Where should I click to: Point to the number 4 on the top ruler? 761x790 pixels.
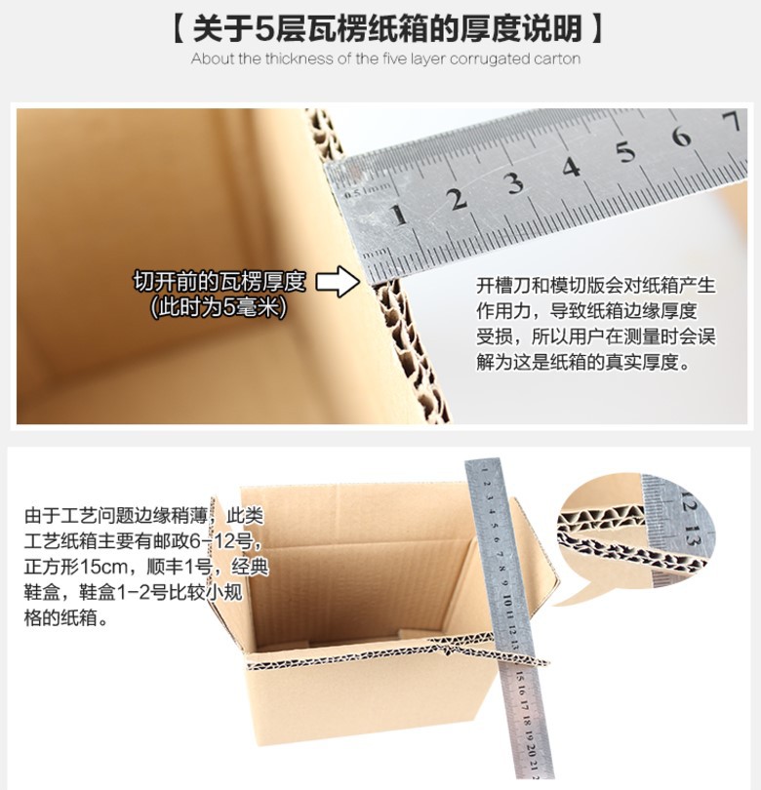pyautogui.click(x=571, y=167)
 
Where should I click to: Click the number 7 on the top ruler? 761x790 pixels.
pyautogui.click(x=732, y=122)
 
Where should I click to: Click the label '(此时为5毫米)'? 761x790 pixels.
pyautogui.click(x=220, y=307)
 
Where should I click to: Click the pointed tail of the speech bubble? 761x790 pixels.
pyautogui.click(x=571, y=596)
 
